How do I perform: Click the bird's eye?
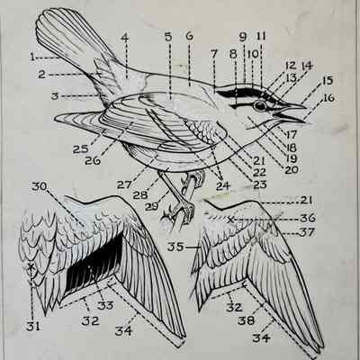click(x=260, y=105)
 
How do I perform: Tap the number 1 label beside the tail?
click(x=32, y=57)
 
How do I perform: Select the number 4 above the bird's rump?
click(x=125, y=38)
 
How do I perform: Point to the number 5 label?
click(x=168, y=37)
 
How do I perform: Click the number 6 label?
click(x=190, y=37)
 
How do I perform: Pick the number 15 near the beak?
click(x=328, y=81)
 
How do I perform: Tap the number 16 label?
click(x=328, y=98)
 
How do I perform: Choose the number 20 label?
click(x=291, y=170)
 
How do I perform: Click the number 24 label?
click(x=223, y=186)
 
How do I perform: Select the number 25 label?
click(x=80, y=149)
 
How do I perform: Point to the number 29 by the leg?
click(x=152, y=207)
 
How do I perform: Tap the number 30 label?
click(x=40, y=186)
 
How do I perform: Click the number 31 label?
click(x=33, y=326)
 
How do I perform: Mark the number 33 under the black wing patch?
click(x=105, y=305)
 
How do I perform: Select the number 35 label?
click(x=175, y=247)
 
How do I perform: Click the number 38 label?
click(x=246, y=320)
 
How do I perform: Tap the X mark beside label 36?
click(x=230, y=220)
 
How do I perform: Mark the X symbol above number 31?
click(x=31, y=266)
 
